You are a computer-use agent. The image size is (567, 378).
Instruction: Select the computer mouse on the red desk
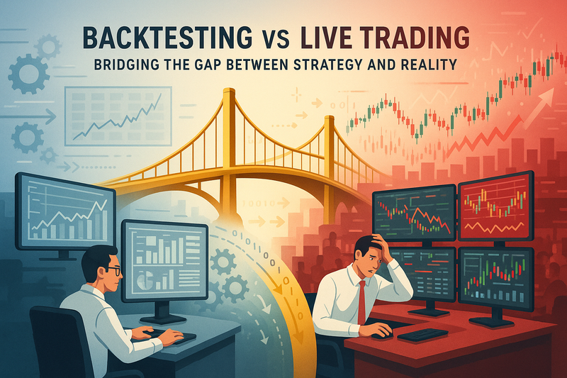coord(383,331)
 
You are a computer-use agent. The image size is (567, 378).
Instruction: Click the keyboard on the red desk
coord(422,334)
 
